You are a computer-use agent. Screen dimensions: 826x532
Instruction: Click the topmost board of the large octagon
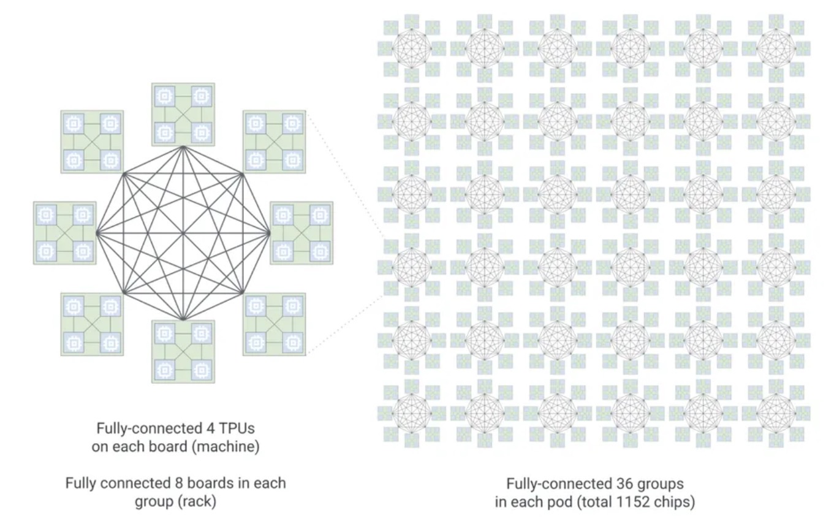[183, 115]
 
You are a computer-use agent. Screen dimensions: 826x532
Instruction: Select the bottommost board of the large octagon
[183, 352]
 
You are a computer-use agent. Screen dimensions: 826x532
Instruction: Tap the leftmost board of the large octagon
[65, 233]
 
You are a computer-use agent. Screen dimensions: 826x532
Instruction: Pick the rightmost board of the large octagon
[301, 233]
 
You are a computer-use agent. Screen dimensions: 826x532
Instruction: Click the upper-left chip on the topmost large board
[165, 96]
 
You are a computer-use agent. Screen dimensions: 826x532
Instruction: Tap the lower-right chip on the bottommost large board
[202, 370]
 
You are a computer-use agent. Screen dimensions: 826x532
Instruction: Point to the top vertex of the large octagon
[183, 148]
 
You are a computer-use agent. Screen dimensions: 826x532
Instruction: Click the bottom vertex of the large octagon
[183, 318]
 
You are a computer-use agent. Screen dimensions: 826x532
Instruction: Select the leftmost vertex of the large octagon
[97, 233]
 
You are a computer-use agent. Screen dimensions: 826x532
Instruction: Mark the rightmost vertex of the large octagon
[268, 233]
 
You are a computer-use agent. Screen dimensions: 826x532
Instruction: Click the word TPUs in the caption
[237, 428]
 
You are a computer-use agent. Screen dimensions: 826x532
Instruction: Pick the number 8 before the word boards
[178, 484]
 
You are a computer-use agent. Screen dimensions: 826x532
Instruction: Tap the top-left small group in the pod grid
[412, 48]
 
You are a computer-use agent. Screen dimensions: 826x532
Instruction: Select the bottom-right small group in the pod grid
[776, 413]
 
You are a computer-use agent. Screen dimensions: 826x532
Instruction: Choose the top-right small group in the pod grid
[776, 48]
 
